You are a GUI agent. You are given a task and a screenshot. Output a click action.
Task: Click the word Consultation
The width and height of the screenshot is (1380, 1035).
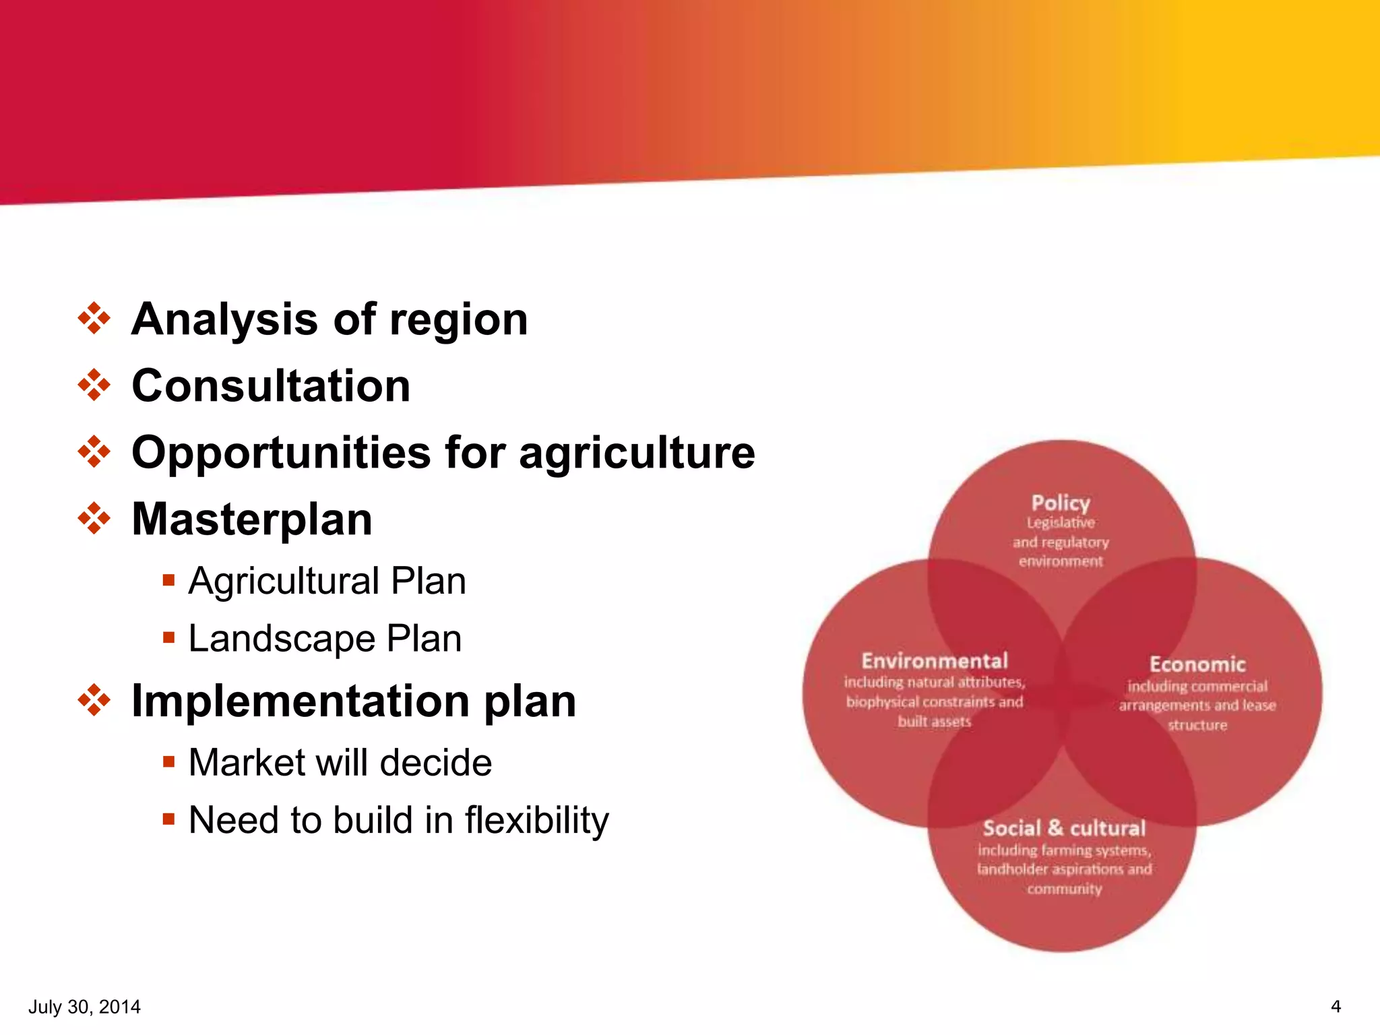click(271, 386)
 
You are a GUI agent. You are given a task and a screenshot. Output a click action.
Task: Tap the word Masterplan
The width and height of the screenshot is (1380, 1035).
click(252, 520)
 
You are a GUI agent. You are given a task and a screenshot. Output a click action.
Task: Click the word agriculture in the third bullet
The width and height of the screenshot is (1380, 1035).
click(637, 453)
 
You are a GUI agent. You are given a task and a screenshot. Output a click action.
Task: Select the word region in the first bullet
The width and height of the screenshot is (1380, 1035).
click(459, 320)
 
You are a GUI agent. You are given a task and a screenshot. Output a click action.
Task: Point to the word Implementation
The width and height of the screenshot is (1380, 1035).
click(300, 701)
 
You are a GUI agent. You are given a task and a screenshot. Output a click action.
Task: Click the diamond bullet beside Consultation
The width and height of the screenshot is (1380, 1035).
click(94, 385)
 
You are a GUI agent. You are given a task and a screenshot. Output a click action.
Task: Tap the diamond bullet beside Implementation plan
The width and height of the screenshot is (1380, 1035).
click(94, 700)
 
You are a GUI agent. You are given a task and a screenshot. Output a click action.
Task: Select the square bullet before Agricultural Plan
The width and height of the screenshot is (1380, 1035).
click(168, 579)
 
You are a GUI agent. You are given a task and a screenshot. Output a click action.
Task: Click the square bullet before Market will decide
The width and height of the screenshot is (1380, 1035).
click(168, 761)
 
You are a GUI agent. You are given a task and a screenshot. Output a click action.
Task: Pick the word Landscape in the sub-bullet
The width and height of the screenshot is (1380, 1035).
click(281, 639)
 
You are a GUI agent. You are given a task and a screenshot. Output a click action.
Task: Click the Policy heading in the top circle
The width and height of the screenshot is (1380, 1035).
click(1061, 503)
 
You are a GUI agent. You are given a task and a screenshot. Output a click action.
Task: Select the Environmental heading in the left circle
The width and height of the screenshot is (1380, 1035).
click(935, 660)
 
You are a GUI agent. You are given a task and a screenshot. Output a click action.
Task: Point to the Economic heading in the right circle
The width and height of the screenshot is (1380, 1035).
click(1197, 664)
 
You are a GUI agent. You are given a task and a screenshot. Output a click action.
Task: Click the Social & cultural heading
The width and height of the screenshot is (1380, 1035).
click(1064, 828)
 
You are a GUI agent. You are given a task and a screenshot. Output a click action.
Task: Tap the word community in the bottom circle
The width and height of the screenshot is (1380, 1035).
click(1064, 889)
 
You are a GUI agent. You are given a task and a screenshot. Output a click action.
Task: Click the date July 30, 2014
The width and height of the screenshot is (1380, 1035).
click(84, 1007)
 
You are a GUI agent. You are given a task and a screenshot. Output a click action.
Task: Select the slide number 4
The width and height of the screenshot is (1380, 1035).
click(1336, 1007)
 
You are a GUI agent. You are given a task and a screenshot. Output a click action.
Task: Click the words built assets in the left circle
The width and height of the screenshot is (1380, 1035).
click(935, 722)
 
